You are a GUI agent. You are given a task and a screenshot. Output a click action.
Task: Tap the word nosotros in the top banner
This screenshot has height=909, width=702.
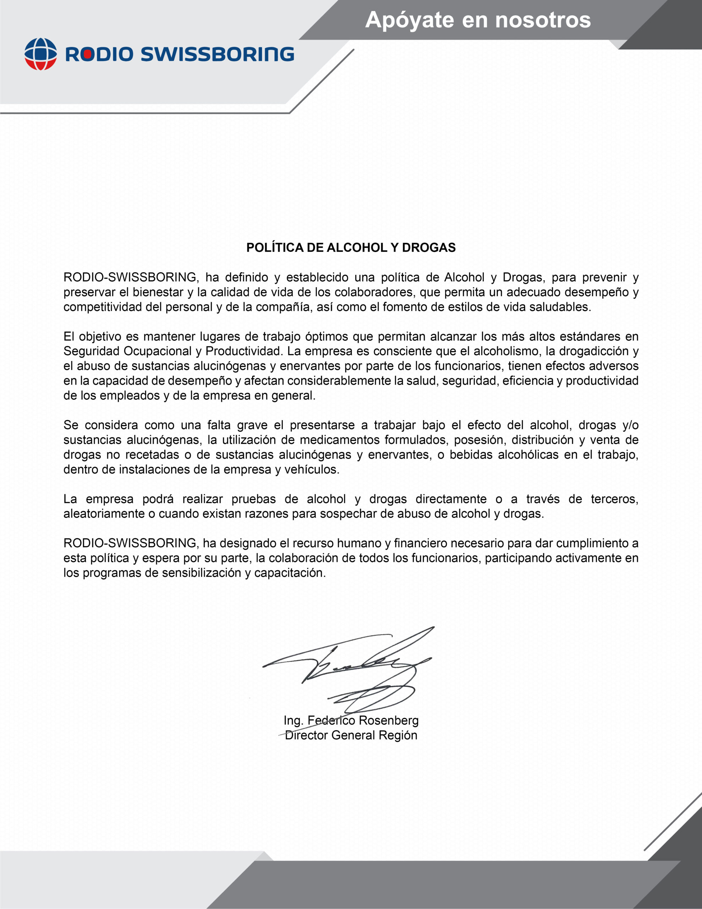pos(543,20)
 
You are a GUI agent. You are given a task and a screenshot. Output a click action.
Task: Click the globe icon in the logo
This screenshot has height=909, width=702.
pos(40,54)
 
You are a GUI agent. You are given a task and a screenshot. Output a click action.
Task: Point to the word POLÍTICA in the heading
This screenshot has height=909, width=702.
pos(275,247)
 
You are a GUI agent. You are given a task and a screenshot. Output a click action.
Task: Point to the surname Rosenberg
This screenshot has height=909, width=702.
pos(388,720)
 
